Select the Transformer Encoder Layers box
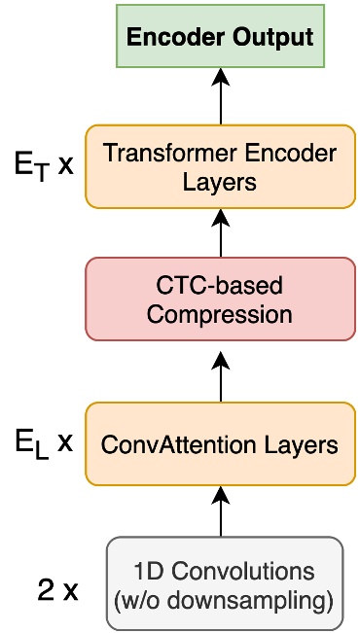(x=220, y=166)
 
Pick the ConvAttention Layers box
(x=220, y=445)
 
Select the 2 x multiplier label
(x=55, y=590)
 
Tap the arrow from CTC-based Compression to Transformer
(x=221, y=233)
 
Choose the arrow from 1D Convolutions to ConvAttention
(x=221, y=511)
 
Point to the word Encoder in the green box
(x=176, y=39)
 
